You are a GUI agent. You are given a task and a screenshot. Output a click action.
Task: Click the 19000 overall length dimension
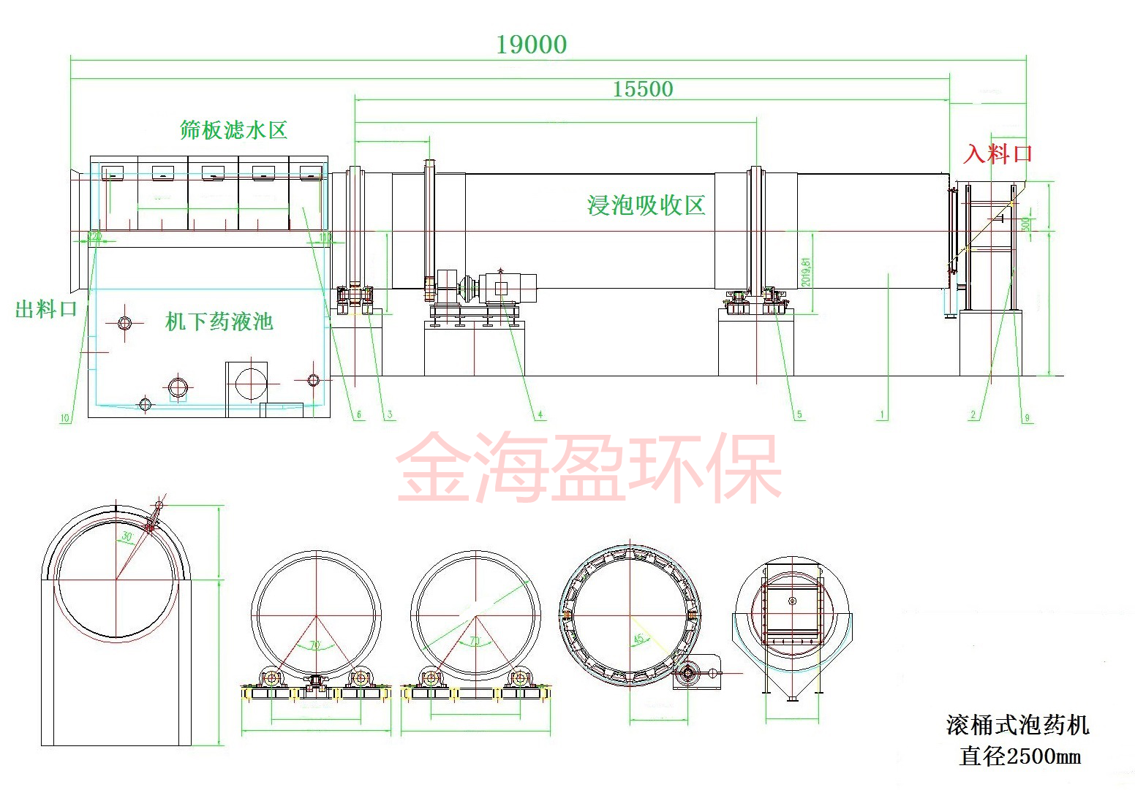[x=532, y=45]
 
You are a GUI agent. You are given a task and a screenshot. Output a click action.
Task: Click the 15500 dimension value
[x=642, y=89]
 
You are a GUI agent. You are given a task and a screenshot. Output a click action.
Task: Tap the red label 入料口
[x=998, y=153]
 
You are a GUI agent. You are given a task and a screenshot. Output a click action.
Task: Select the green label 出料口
[x=46, y=309]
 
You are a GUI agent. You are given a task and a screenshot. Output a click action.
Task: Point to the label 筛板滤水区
[x=233, y=130]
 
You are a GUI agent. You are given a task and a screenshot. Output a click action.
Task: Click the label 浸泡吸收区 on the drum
[x=646, y=205]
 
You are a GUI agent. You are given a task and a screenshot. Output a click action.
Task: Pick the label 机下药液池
[x=219, y=322]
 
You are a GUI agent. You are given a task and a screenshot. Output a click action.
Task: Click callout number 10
[x=65, y=418]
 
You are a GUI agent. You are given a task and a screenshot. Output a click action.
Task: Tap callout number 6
[x=359, y=415]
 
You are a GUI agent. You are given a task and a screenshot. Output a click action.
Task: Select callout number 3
[x=390, y=415]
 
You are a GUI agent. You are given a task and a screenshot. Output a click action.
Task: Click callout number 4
[x=540, y=415]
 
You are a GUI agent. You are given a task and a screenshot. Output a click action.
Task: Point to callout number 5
[x=799, y=415]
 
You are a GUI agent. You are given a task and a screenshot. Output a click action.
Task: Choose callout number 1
[x=882, y=415]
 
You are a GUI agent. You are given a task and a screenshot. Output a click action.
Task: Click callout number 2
[x=973, y=415]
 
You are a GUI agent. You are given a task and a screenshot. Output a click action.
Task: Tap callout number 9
[x=1027, y=418]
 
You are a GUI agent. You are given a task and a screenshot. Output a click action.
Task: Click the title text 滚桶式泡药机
[x=1017, y=725]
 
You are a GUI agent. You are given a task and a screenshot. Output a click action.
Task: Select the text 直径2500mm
[x=1019, y=756]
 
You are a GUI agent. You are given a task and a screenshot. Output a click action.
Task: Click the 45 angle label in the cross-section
[x=638, y=639]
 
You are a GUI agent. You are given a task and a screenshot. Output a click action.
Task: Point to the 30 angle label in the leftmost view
[x=127, y=537]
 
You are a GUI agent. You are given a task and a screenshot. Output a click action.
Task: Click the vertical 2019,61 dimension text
[x=806, y=271]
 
